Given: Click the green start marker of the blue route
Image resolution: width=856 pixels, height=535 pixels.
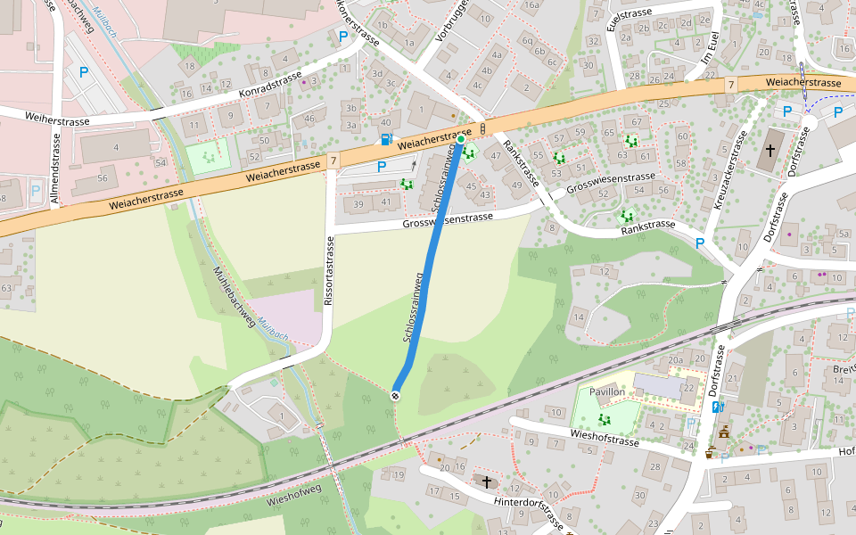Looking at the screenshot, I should tap(461, 139).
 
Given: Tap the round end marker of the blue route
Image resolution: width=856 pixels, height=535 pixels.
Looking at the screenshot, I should tap(395, 395).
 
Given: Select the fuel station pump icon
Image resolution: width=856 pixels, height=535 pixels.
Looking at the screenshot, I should tap(385, 139).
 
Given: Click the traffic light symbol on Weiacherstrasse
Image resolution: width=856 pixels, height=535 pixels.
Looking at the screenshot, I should tap(482, 129).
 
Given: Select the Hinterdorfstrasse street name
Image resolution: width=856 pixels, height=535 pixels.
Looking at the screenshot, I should tap(528, 513).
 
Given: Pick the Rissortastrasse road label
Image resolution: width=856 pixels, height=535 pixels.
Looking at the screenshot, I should tap(329, 272).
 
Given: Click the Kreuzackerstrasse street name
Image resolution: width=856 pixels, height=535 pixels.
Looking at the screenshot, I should tap(729, 169).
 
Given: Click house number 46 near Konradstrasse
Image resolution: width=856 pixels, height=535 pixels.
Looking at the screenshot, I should tap(309, 118).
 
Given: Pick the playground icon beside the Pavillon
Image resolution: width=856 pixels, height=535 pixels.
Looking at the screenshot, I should tap(604, 418).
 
